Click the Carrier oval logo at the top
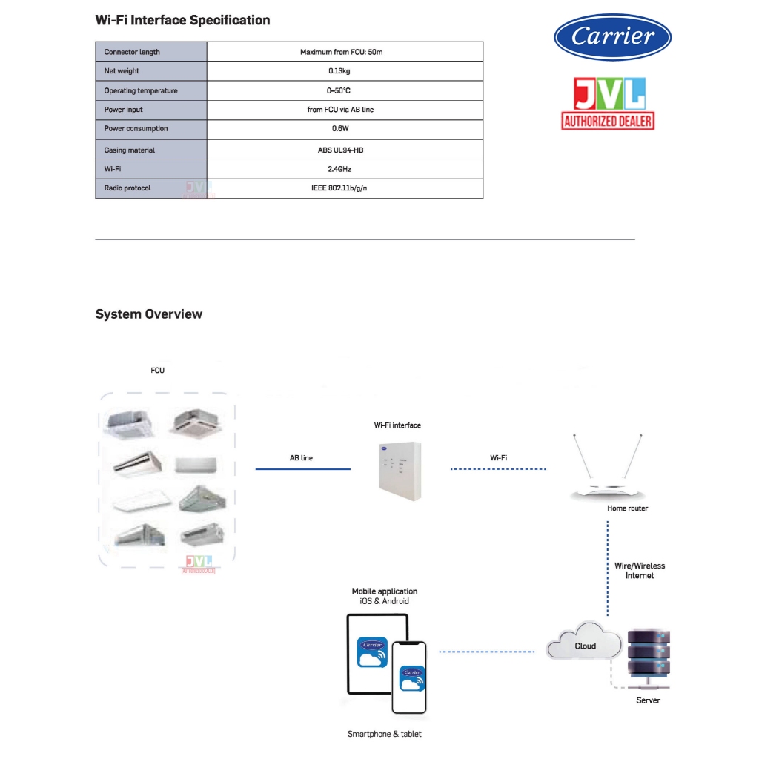[612, 37]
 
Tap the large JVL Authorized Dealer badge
[608, 104]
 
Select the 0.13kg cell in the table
[339, 71]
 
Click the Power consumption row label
[136, 129]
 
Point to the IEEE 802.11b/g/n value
[339, 188]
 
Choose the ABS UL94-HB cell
[340, 150]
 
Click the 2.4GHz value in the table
[339, 169]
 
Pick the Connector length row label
[132, 52]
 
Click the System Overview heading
[148, 314]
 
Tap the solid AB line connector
[303, 469]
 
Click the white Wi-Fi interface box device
[400, 471]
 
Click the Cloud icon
[584, 640]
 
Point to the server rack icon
[649, 658]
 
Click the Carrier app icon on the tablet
[372, 652]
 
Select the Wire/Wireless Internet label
[640, 571]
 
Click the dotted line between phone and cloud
[486, 652]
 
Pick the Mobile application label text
[385, 591]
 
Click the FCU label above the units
[157, 371]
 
